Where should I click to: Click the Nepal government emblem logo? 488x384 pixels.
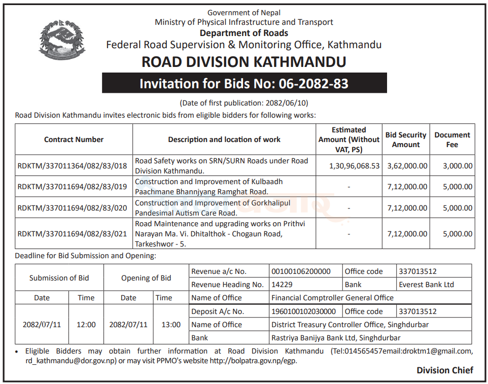tap(62, 40)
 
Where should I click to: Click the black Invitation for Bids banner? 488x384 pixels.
tap(244, 83)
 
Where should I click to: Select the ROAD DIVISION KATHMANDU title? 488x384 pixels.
tap(244, 62)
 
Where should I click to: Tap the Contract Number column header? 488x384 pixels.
tap(74, 139)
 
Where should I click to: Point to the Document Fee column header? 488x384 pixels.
tap(452, 139)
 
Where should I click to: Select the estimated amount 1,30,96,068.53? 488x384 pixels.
tap(354, 166)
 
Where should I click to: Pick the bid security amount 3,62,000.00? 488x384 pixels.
tap(407, 166)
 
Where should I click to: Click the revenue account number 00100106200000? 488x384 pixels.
tap(301, 271)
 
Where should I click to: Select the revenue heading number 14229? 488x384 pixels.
tap(282, 285)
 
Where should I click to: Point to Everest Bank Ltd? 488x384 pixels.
tap(426, 285)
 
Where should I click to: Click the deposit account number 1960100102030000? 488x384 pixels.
tap(303, 311)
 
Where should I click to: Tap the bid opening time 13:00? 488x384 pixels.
tap(171, 325)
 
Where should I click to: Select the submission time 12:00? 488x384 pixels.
tap(86, 325)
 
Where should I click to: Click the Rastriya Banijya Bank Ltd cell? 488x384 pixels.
tap(336, 338)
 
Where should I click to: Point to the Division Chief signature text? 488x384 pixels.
tap(444, 370)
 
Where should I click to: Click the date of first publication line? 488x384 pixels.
tap(244, 103)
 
